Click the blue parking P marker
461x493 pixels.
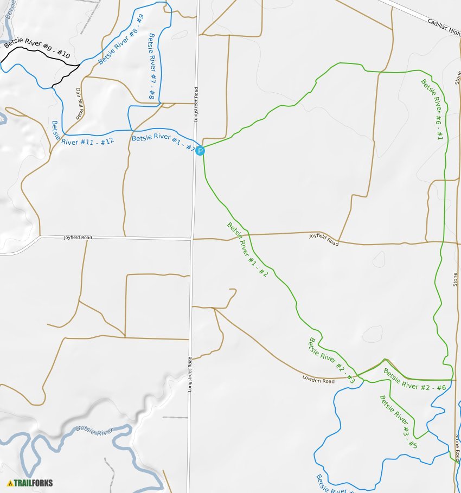200,151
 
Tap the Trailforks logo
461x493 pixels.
30,483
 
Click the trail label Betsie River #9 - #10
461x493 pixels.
37,48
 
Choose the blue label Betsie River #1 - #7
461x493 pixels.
163,142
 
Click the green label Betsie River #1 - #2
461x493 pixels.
247,250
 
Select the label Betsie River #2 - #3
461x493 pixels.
331,361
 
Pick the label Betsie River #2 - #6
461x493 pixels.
415,380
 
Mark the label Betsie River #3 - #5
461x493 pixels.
399,422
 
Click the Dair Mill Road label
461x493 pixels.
80,104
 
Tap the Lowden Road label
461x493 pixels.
318,380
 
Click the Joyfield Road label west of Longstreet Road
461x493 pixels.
78,238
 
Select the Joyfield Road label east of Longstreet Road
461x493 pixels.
324,239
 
